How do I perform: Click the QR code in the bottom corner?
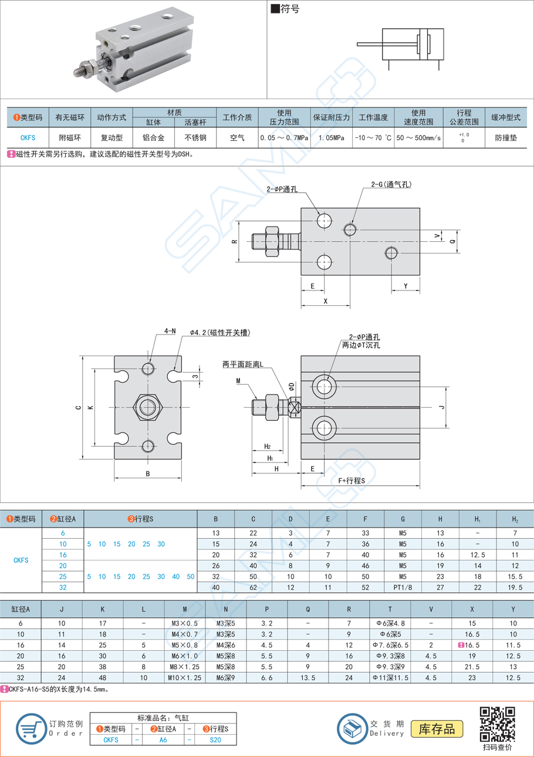(497, 724)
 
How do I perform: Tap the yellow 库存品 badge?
(437, 729)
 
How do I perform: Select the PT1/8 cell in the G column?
(403, 587)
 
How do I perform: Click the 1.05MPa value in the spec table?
(331, 138)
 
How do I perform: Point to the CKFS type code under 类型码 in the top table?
(28, 138)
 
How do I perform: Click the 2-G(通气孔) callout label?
(391, 184)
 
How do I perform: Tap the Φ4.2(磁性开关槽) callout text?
(220, 333)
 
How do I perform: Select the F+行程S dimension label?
(352, 481)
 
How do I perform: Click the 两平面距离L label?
(243, 364)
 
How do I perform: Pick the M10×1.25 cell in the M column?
(184, 678)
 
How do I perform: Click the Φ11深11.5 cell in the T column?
(390, 678)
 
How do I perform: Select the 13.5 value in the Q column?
(307, 678)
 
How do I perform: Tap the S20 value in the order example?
(215, 740)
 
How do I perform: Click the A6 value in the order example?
(163, 740)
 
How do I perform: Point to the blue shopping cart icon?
(31, 728)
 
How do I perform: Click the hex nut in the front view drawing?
(148, 407)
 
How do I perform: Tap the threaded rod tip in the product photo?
(76, 72)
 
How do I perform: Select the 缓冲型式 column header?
(506, 117)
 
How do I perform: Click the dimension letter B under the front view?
(148, 474)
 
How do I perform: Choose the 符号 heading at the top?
(286, 9)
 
